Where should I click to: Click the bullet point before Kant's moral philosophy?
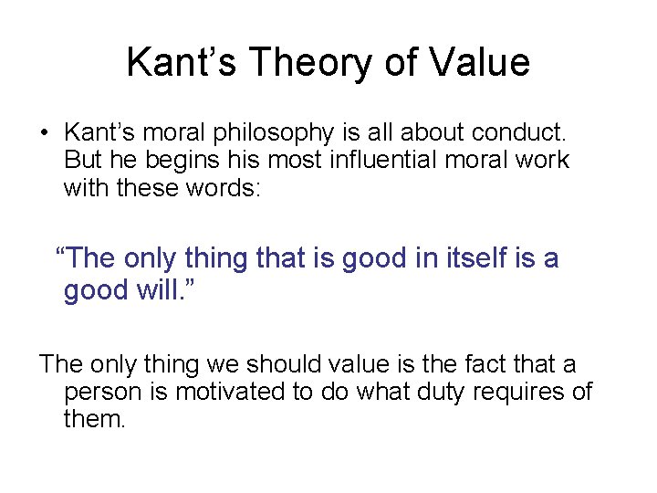pos(44,134)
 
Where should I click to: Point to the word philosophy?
pos(267,133)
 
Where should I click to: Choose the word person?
pos(97,393)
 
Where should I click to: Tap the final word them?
pos(93,420)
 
